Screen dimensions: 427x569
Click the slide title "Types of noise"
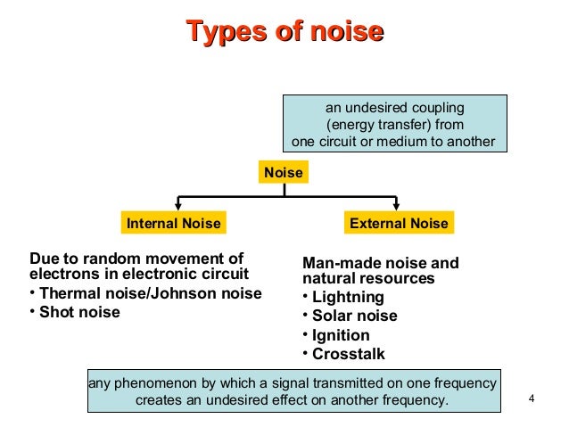284,33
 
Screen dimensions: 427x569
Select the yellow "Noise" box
284,172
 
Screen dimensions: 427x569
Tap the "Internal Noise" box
172,222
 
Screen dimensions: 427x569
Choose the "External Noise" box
399,222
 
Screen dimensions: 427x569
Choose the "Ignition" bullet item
341,335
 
